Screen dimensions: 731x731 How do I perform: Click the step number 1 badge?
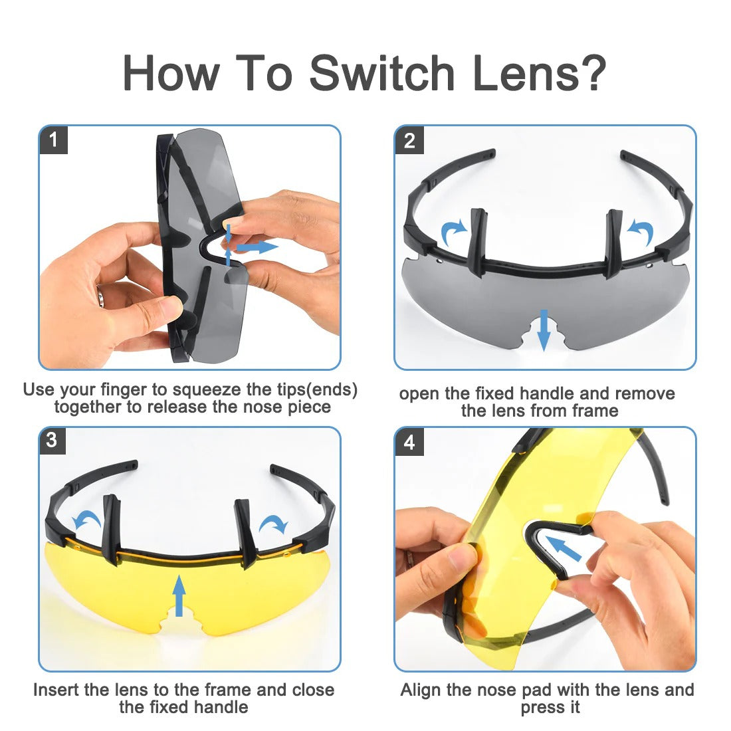point(54,140)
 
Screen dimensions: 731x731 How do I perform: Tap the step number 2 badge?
point(409,140)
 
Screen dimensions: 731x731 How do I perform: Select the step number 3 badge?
point(52,440)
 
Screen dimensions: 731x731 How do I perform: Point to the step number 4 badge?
point(409,441)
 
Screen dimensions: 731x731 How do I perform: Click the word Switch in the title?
point(382,73)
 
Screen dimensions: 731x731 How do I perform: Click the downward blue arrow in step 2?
point(544,330)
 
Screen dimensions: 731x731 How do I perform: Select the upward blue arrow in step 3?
point(179,596)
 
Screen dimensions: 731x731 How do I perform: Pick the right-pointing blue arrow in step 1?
point(257,247)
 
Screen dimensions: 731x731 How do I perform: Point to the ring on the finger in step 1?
point(101,296)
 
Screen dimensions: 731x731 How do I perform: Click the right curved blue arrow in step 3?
point(274,524)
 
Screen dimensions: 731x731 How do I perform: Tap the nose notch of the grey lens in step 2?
point(544,335)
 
